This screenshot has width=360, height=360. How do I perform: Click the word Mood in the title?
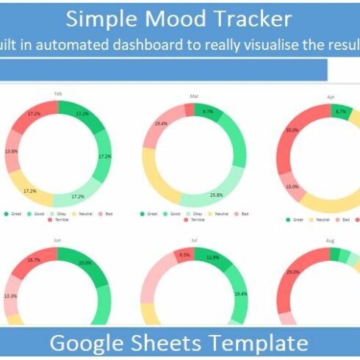click(184, 19)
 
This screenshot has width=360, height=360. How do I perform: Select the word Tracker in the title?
click(253, 19)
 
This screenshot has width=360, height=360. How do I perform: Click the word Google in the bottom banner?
click(90, 342)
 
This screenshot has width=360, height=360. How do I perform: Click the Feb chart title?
click(57, 93)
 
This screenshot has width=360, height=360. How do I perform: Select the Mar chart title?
click(194, 96)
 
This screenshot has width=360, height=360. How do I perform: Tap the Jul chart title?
click(194, 240)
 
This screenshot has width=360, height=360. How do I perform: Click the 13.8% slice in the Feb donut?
click(12, 151)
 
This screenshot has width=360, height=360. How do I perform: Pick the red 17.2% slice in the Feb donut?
click(34, 114)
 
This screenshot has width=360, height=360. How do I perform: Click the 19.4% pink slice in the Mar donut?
click(159, 124)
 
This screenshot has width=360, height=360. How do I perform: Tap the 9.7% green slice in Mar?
click(207, 112)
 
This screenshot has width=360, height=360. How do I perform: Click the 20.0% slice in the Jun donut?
click(84, 263)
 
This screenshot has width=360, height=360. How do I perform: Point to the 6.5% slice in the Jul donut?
click(184, 254)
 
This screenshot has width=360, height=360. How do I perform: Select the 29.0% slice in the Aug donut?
click(293, 273)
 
